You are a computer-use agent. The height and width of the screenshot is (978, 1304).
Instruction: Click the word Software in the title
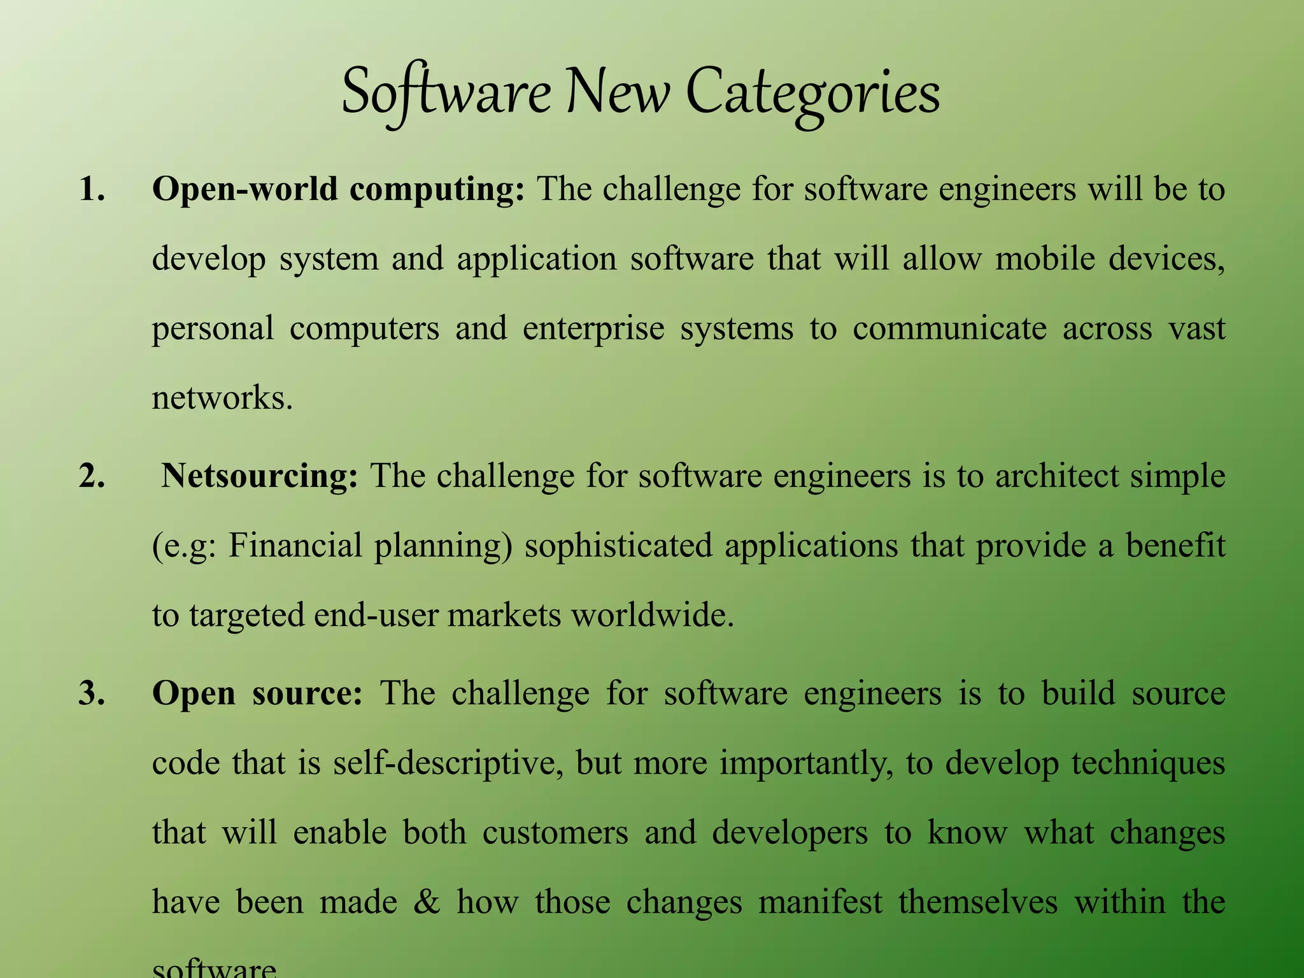pos(446,94)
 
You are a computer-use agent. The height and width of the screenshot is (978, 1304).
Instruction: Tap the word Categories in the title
pos(812,94)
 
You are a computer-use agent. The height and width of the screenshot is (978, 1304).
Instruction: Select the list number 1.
pos(92,189)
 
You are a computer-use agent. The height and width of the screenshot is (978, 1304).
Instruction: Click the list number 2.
pos(92,476)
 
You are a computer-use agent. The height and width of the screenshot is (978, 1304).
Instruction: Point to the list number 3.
pos(92,693)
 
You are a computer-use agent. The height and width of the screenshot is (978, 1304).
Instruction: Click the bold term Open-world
pos(244,189)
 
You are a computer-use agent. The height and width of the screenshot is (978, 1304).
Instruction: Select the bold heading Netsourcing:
pos(260,476)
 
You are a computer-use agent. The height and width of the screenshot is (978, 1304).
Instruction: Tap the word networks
pos(222,398)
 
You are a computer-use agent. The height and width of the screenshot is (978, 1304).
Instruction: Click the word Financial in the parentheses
pos(295,546)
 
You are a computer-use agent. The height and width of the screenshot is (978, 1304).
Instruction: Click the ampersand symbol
pos(426,902)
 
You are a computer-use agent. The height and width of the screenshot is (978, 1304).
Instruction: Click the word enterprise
pos(593,329)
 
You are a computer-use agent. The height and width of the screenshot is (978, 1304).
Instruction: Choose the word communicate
pos(949,329)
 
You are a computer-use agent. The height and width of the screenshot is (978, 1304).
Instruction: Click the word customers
pos(555,833)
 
